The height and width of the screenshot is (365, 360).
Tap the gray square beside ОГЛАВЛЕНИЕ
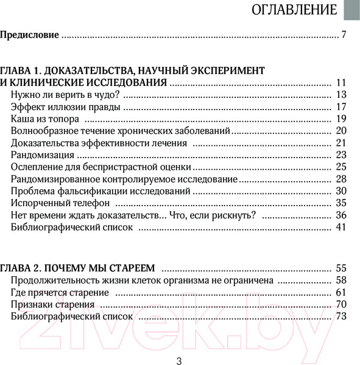coord(351,10)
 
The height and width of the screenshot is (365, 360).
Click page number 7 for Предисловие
coord(344,35)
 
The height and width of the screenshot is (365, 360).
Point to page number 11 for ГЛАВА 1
coord(341,82)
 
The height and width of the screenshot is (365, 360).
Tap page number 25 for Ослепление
coord(341,167)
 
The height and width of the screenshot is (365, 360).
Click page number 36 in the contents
coord(341,215)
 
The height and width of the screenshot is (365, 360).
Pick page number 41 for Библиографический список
coord(341,228)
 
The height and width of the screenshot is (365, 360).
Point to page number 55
coord(341,268)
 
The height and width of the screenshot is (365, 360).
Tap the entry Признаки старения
coord(55,304)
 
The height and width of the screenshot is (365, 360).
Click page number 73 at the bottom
coord(341,316)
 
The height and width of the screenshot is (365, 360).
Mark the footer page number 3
coord(180,360)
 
